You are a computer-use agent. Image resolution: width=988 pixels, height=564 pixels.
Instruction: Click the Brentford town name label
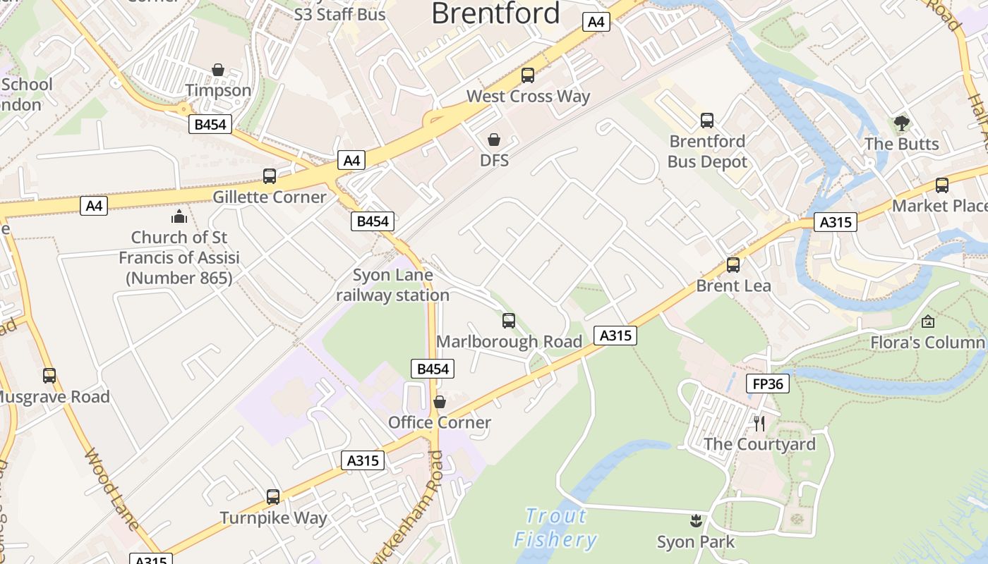coord(495,13)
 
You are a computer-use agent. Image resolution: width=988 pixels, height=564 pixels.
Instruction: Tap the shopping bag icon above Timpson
coord(218,70)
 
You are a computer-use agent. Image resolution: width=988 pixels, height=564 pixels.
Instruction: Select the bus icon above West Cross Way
coord(528,75)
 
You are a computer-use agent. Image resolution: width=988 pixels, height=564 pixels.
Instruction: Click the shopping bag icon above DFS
coord(494,140)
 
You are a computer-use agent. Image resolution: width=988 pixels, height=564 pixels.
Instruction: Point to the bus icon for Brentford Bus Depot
coord(707,121)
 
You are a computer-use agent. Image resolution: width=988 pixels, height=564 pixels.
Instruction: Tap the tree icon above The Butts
coord(901,123)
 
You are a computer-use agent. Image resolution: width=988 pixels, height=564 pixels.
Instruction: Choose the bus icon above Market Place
coord(942,185)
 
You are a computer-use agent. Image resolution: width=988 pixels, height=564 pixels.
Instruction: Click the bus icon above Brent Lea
coord(733,265)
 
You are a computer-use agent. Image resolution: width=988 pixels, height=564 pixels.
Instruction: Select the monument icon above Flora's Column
coord(928,321)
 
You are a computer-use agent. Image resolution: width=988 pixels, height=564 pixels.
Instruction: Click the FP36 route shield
coord(767,384)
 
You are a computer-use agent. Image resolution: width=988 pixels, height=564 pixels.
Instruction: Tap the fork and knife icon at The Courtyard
coord(759,423)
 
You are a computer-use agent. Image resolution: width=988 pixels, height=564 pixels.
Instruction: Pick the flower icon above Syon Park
coord(696,522)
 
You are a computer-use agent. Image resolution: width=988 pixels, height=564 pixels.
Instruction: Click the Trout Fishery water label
coord(556,527)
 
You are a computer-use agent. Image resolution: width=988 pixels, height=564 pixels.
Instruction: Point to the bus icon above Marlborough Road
coord(509,321)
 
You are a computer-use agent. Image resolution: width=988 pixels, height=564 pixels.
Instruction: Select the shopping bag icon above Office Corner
coord(440,402)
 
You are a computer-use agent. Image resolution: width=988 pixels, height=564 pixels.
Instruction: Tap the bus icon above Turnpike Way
coord(273,497)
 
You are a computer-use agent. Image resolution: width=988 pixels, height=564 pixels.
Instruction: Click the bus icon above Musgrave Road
coord(49,376)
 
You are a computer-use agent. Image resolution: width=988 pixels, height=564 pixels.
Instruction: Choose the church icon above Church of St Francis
coord(179,216)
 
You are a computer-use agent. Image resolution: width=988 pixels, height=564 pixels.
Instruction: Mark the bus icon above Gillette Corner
coord(270,176)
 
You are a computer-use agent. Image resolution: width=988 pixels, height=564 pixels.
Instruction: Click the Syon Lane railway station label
coord(392,285)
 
